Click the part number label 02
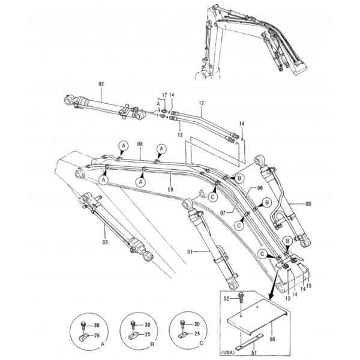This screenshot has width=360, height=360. tap(101, 84)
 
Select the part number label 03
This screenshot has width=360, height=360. tap(105, 242)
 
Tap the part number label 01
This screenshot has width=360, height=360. tap(190, 252)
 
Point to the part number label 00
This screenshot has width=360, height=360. tap(308, 204)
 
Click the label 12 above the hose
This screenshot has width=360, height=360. tap(202, 103)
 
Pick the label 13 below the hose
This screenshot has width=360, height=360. tap(180, 135)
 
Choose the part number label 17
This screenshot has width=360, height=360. tap(164, 95)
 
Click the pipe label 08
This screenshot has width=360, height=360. tap(140, 144)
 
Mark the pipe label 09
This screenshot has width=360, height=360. tap(170, 190)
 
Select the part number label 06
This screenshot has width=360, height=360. tap(260, 188)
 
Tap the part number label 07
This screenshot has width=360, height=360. tap(223, 213)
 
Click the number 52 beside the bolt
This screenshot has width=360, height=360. tap(226, 299)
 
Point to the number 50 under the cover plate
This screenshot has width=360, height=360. tap(272, 339)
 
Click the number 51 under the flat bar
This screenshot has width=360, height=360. tap(254, 352)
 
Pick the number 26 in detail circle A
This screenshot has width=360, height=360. tap(97, 335)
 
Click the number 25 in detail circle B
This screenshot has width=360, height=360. tap(147, 335)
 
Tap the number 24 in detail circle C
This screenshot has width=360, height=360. tap(197, 334)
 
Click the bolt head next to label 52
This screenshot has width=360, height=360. tap(241, 295)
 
